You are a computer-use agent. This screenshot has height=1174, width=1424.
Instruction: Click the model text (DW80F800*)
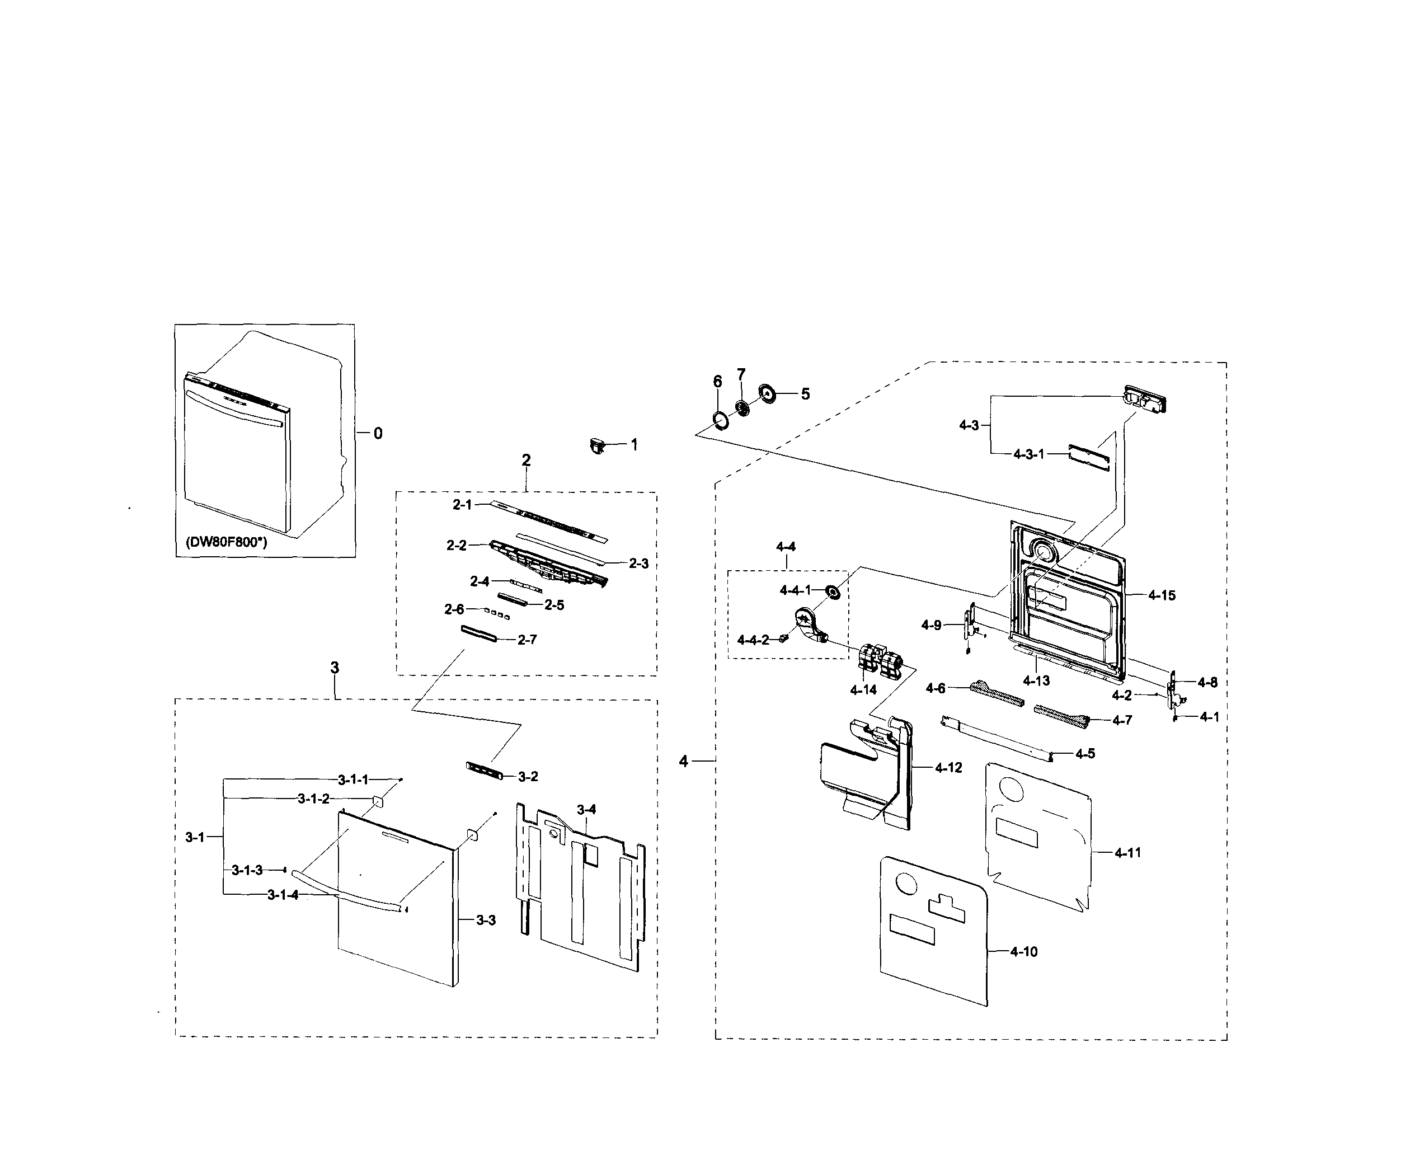point(226,542)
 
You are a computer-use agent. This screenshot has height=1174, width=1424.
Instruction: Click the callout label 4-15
point(1162,596)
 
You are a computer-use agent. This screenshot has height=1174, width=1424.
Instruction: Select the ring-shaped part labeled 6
point(721,421)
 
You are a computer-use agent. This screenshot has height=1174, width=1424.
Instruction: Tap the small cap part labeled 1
point(596,445)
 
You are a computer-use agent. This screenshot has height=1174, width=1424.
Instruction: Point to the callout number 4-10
point(1024,951)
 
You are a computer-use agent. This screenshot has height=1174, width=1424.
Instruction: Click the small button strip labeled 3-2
point(485,769)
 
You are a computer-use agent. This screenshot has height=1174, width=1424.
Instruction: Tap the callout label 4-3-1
point(1028,454)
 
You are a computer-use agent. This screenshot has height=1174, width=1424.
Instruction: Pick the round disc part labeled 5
point(768,393)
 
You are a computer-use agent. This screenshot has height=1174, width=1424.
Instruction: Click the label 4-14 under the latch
point(863,690)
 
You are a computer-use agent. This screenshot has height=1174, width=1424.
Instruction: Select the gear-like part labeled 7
point(742,408)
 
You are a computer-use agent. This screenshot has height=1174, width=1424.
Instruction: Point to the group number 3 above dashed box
point(335,668)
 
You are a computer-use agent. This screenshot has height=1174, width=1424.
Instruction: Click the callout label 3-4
point(586,810)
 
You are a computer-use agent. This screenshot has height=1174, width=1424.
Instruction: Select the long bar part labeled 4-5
point(997,739)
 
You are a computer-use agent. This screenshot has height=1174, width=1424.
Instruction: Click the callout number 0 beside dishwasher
point(378,434)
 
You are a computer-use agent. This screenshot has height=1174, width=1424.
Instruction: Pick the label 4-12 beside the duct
point(948,768)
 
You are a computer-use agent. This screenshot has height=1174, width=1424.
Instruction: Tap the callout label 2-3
point(638,563)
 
